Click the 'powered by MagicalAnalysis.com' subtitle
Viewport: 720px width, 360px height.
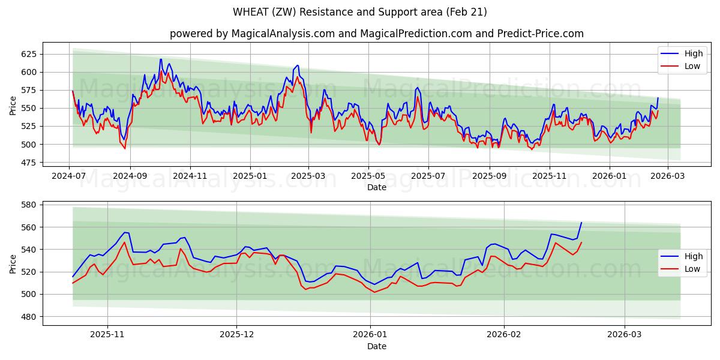[x=376, y=34]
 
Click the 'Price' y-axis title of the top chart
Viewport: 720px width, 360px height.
[x=13, y=106]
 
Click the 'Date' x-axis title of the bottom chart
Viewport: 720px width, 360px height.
[x=376, y=347]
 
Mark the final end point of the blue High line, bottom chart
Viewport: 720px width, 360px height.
[x=581, y=223]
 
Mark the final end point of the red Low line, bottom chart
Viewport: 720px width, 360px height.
[x=581, y=242]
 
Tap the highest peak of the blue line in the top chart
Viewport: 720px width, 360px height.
[x=161, y=59]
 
